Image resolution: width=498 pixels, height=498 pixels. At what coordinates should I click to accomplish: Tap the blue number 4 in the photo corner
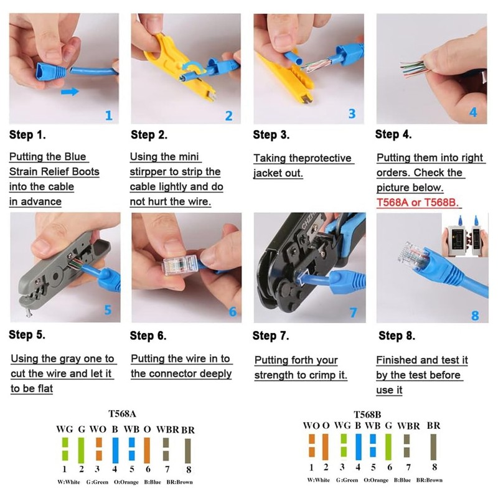coord(473,112)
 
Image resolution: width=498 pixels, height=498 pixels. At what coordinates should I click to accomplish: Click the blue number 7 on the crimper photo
coord(353,312)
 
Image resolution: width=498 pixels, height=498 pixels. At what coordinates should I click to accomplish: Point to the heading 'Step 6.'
coord(148,336)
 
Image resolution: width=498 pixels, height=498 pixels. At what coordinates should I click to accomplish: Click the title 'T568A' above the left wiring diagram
coord(122,413)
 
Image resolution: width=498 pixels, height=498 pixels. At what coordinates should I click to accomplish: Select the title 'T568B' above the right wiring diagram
coord(367,414)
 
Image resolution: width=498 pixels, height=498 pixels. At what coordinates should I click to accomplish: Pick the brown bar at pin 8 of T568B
coord(434,446)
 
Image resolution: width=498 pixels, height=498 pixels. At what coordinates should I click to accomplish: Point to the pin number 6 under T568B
coord(388,467)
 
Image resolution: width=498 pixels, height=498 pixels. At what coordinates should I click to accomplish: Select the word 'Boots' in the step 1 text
coord(86,171)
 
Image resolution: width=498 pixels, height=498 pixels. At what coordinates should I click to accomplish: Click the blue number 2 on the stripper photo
coord(228,115)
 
